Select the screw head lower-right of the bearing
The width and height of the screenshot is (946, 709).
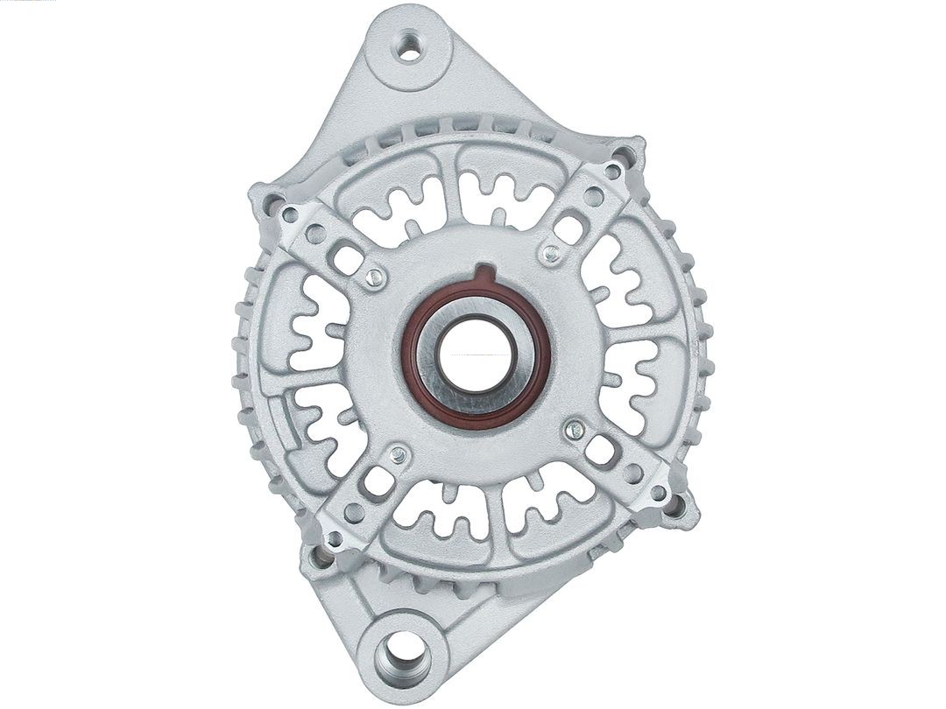[575, 428]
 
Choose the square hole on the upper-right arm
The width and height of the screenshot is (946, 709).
[570, 230]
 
